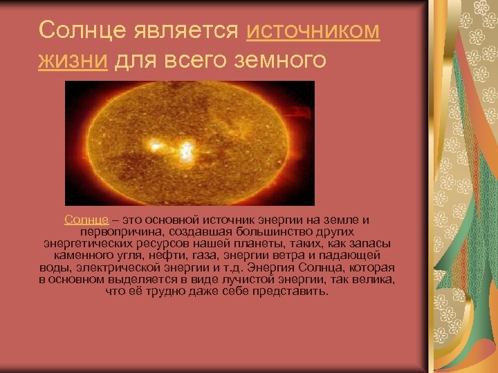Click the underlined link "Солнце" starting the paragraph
pos(86,220)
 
